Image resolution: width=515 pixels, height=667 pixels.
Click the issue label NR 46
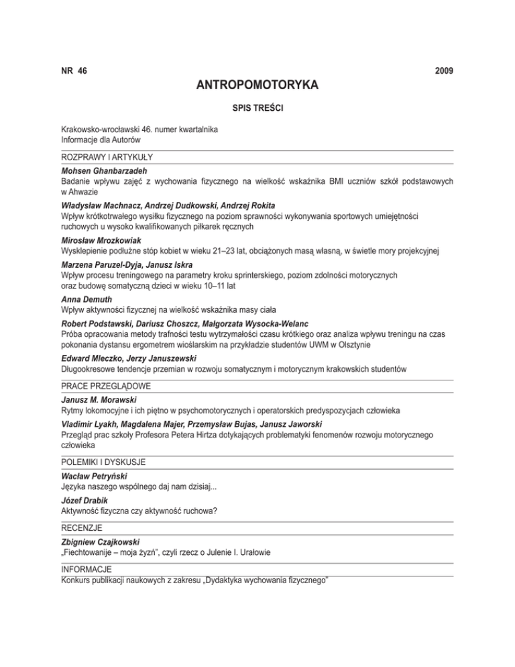(x=74, y=70)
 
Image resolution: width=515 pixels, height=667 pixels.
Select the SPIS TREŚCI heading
(x=257, y=107)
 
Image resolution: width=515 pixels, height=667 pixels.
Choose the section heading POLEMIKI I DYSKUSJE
(x=102, y=463)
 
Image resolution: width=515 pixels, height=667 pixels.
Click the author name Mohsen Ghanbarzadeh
(x=101, y=170)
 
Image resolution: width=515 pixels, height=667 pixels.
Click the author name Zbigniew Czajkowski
(x=98, y=542)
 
